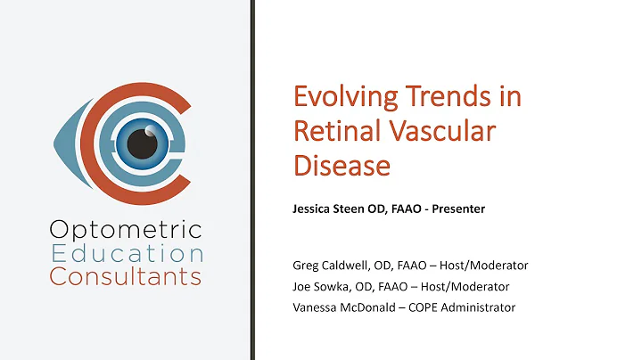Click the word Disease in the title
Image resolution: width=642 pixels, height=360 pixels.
click(342, 165)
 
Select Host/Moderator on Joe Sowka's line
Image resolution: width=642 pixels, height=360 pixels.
click(473, 286)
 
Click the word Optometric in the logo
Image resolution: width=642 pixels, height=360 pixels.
click(125, 231)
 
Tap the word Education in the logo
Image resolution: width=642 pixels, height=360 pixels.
click(126, 254)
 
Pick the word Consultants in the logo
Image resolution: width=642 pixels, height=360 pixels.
click(125, 276)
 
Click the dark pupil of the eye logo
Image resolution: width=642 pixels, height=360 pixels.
click(138, 142)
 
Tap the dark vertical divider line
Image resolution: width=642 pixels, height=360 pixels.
click(252, 178)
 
